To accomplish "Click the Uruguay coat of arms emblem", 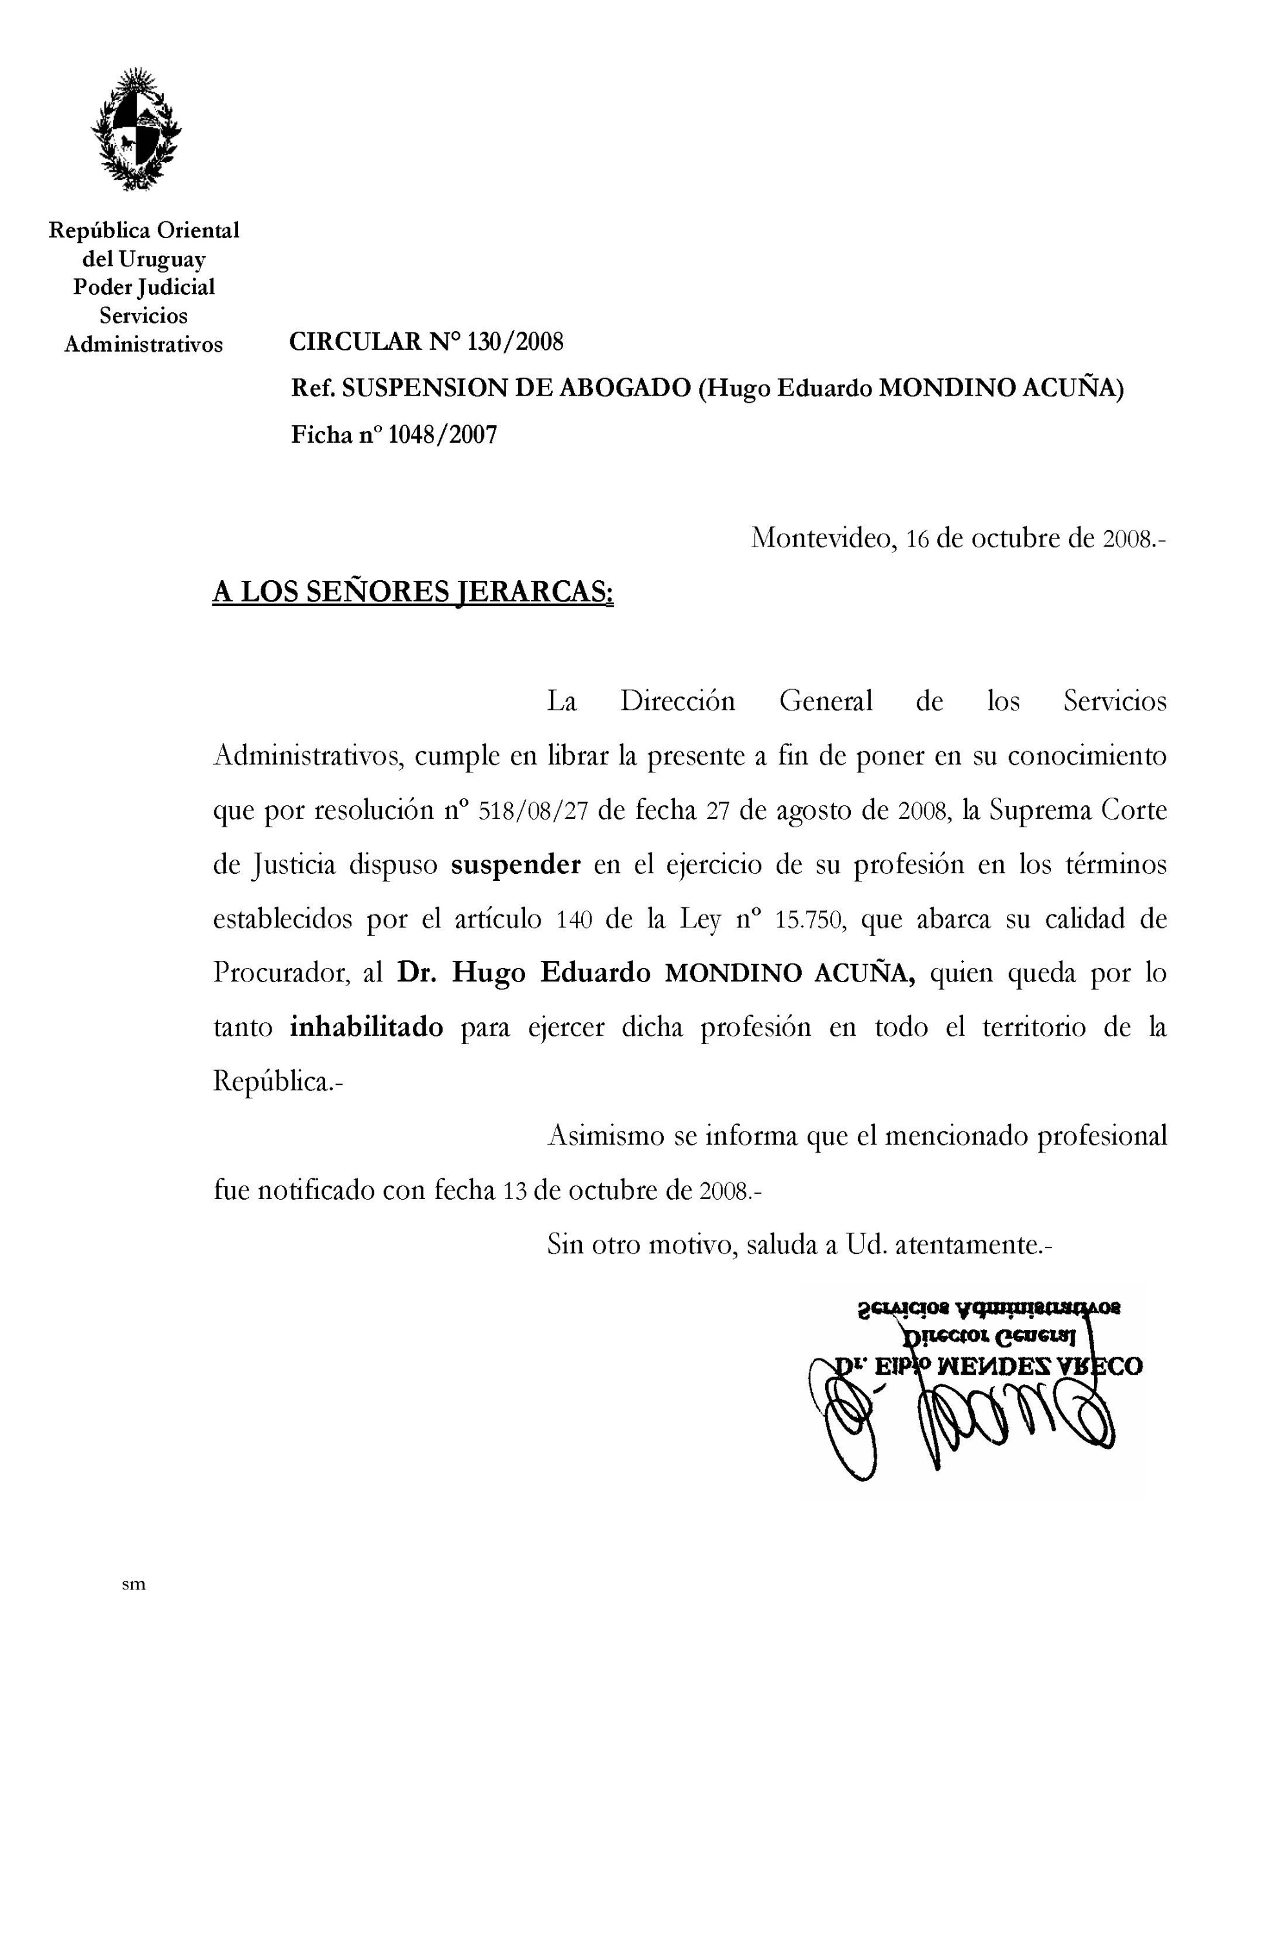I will [x=136, y=130].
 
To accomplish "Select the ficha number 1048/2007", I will [x=442, y=436].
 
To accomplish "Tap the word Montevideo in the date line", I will [x=822, y=538].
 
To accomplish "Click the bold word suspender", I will [x=516, y=865].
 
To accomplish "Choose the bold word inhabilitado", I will [x=366, y=1027].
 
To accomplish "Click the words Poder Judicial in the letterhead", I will [x=144, y=287].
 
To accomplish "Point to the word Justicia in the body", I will [x=290, y=865].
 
